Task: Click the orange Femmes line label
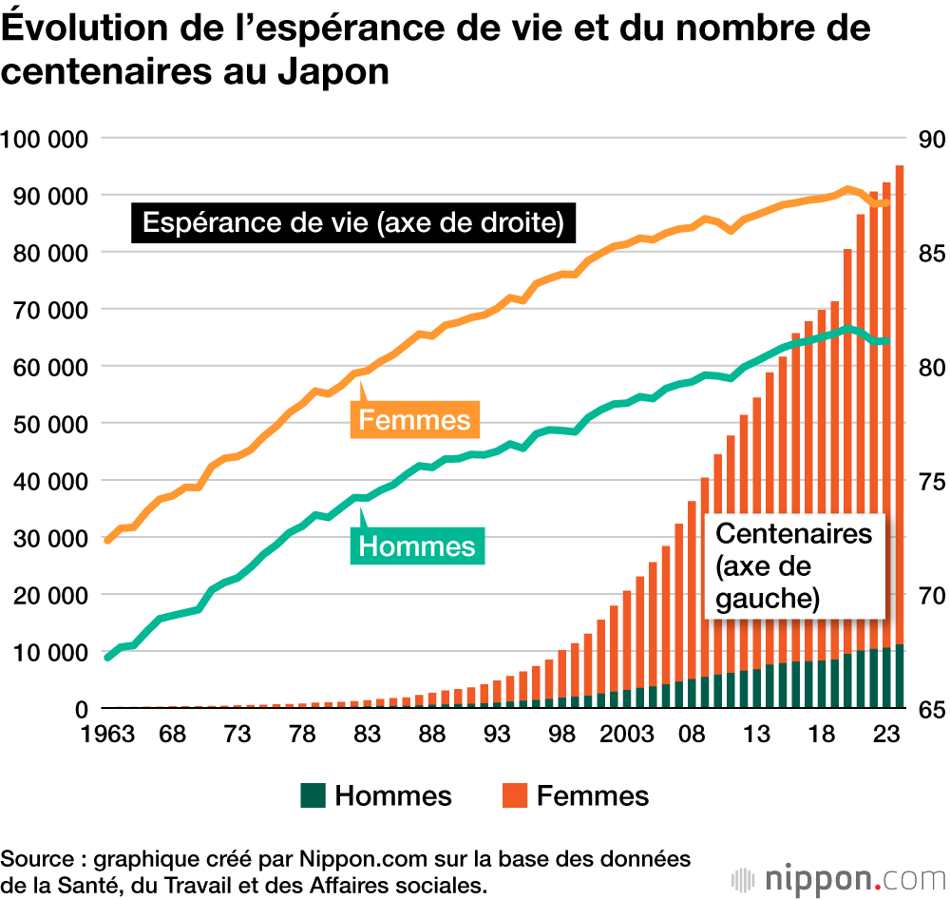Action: point(414,420)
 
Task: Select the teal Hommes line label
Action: point(416,546)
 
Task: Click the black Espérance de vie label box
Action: point(353,223)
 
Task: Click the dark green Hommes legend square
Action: point(313,795)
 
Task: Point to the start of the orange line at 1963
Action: point(107,540)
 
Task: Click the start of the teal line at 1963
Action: point(107,657)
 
